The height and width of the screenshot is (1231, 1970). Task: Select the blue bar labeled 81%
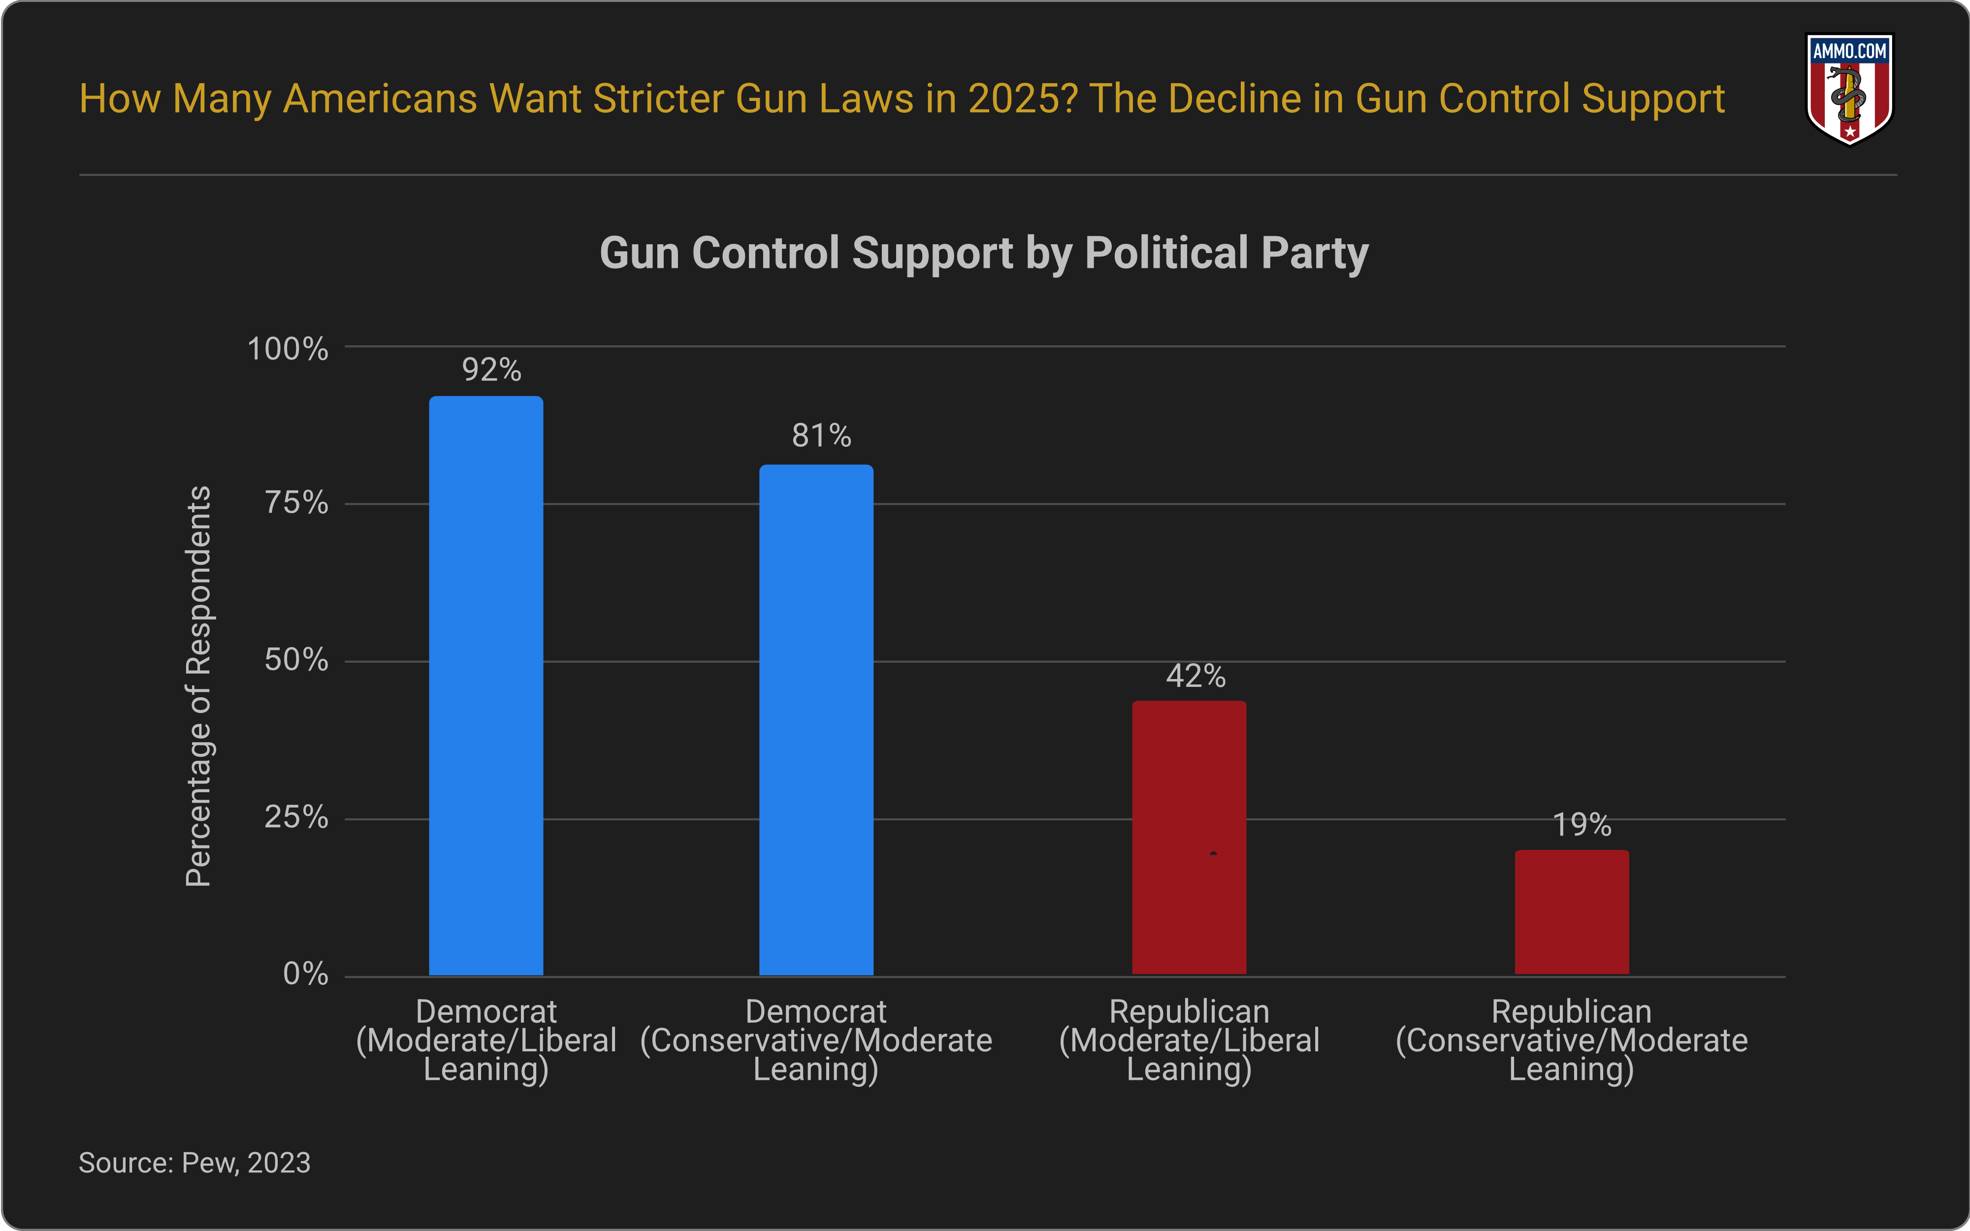(816, 720)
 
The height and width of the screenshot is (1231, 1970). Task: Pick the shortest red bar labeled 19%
(1571, 912)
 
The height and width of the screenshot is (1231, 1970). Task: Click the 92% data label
(491, 370)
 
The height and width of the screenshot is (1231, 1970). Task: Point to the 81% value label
(821, 436)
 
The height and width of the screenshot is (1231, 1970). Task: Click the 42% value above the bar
(1195, 676)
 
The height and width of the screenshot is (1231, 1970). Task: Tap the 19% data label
(1582, 825)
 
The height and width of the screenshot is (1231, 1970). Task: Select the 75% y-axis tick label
(296, 503)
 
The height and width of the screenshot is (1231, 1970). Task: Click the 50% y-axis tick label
(296, 660)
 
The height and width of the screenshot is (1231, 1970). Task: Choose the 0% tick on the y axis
(305, 974)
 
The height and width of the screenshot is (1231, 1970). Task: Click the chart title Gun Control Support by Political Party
(983, 253)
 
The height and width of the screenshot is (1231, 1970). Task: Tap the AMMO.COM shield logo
(1849, 88)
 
